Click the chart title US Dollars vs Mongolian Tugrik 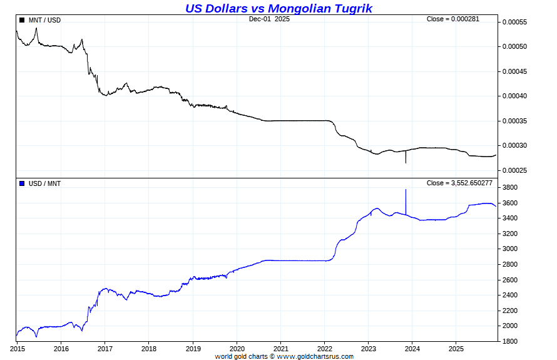coord(278,8)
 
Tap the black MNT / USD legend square coord(22,20)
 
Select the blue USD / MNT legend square coord(22,183)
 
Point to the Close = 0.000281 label coord(452,19)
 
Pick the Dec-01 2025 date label coord(269,19)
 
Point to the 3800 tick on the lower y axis coord(510,188)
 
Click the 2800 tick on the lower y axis coord(510,265)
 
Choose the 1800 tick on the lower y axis coord(510,342)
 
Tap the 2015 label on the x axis coord(17,349)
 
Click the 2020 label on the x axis coord(237,349)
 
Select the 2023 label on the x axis coord(369,349)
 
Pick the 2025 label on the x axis coord(456,349)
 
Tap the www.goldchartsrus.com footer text coord(315,357)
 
